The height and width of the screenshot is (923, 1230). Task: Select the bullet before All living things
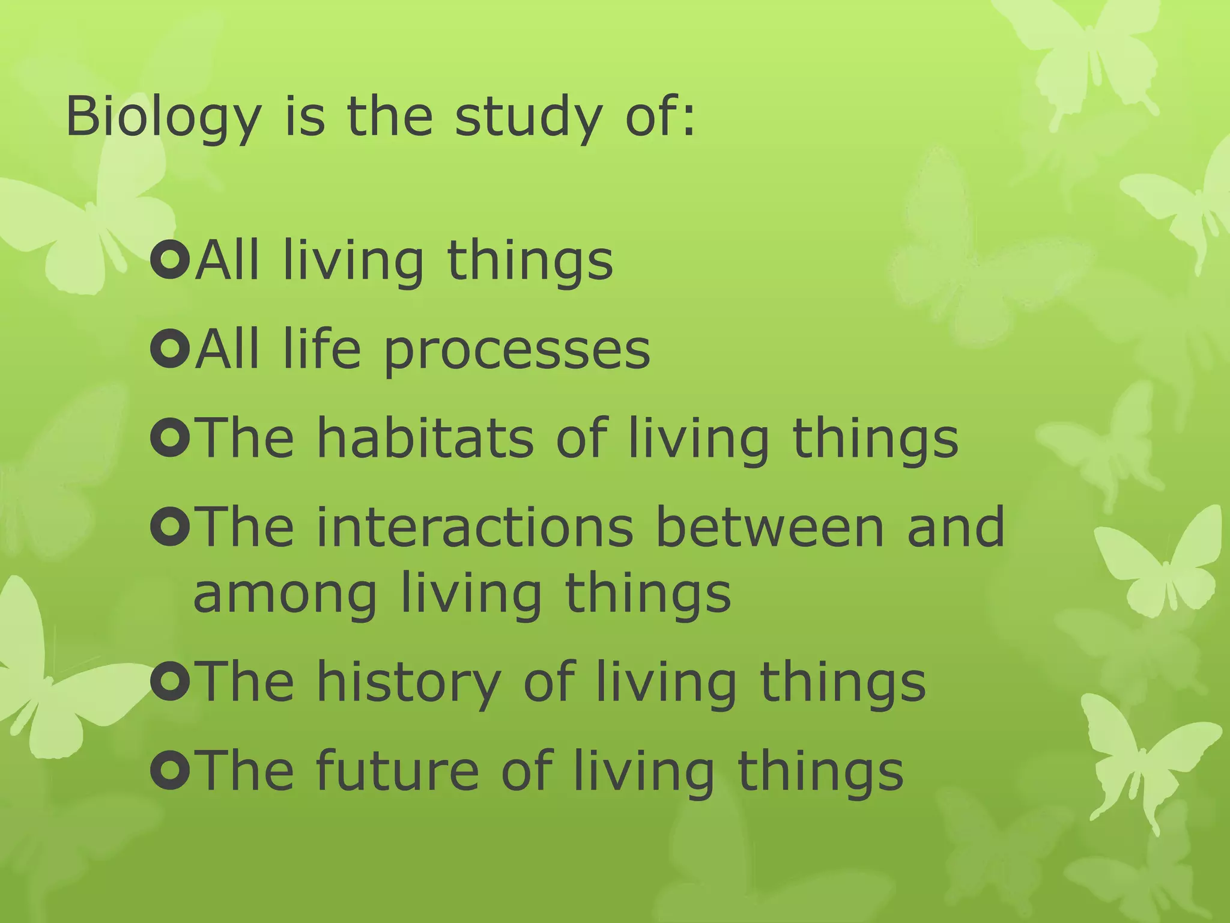tap(171, 260)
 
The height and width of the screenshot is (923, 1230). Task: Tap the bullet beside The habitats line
tap(171, 438)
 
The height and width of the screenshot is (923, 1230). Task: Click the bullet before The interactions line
tap(171, 527)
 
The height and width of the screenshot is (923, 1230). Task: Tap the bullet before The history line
tap(171, 681)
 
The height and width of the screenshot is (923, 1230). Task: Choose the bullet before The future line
tap(171, 770)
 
